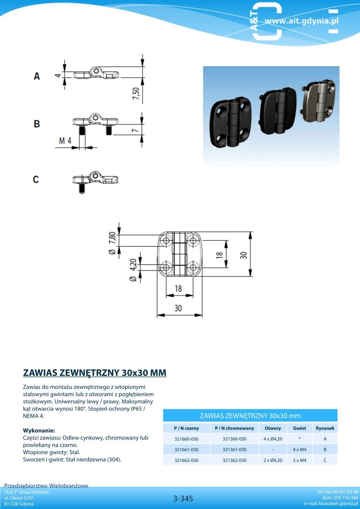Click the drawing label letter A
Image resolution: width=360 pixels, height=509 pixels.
coord(37,76)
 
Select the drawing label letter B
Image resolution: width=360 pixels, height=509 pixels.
coord(37,124)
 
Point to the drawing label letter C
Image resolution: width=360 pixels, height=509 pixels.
coord(36,179)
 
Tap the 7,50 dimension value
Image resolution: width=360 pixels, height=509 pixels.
coord(136,94)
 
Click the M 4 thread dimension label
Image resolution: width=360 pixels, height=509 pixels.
coord(65,141)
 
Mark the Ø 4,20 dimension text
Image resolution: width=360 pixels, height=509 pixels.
coord(133,270)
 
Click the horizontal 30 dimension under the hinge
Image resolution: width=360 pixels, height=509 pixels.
coord(178,308)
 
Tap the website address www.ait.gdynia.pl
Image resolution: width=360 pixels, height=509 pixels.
coord(301,21)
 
